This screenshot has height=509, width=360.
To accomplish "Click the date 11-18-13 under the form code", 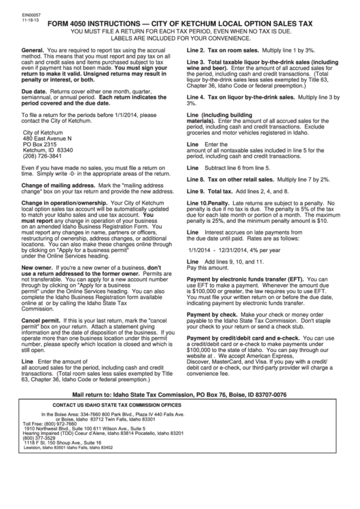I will point(13,10).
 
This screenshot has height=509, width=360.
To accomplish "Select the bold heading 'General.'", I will point(34,52).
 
